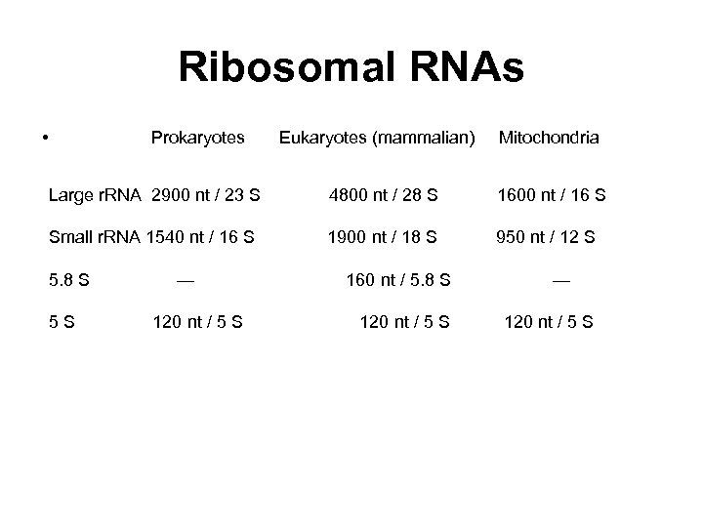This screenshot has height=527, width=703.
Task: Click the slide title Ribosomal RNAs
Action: [x=351, y=68]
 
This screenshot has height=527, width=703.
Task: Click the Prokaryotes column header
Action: [x=198, y=139]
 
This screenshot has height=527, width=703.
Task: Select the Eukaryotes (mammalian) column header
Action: [x=377, y=139]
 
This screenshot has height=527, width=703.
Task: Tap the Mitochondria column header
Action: [x=549, y=139]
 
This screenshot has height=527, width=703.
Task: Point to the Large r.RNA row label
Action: [x=96, y=195]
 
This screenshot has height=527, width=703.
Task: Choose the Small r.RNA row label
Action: [x=95, y=236]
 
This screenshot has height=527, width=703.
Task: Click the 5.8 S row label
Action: [x=69, y=280]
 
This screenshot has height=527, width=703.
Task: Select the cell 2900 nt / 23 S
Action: [x=206, y=195]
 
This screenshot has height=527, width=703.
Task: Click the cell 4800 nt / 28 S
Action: [x=384, y=195]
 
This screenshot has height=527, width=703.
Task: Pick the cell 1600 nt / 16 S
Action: [x=552, y=195]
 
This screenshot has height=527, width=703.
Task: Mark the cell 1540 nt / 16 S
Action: [x=200, y=236]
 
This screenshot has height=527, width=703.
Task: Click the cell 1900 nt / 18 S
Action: [x=383, y=236]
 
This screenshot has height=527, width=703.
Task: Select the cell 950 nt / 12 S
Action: [x=546, y=236]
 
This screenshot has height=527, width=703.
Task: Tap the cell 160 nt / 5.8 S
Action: [x=398, y=280]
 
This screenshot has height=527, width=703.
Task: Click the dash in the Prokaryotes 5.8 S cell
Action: [x=185, y=280]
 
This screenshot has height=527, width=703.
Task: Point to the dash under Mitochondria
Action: [x=561, y=280]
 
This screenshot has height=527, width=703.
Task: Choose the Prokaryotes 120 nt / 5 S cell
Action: [x=198, y=322]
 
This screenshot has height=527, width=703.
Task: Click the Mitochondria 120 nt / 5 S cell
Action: [x=548, y=322]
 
